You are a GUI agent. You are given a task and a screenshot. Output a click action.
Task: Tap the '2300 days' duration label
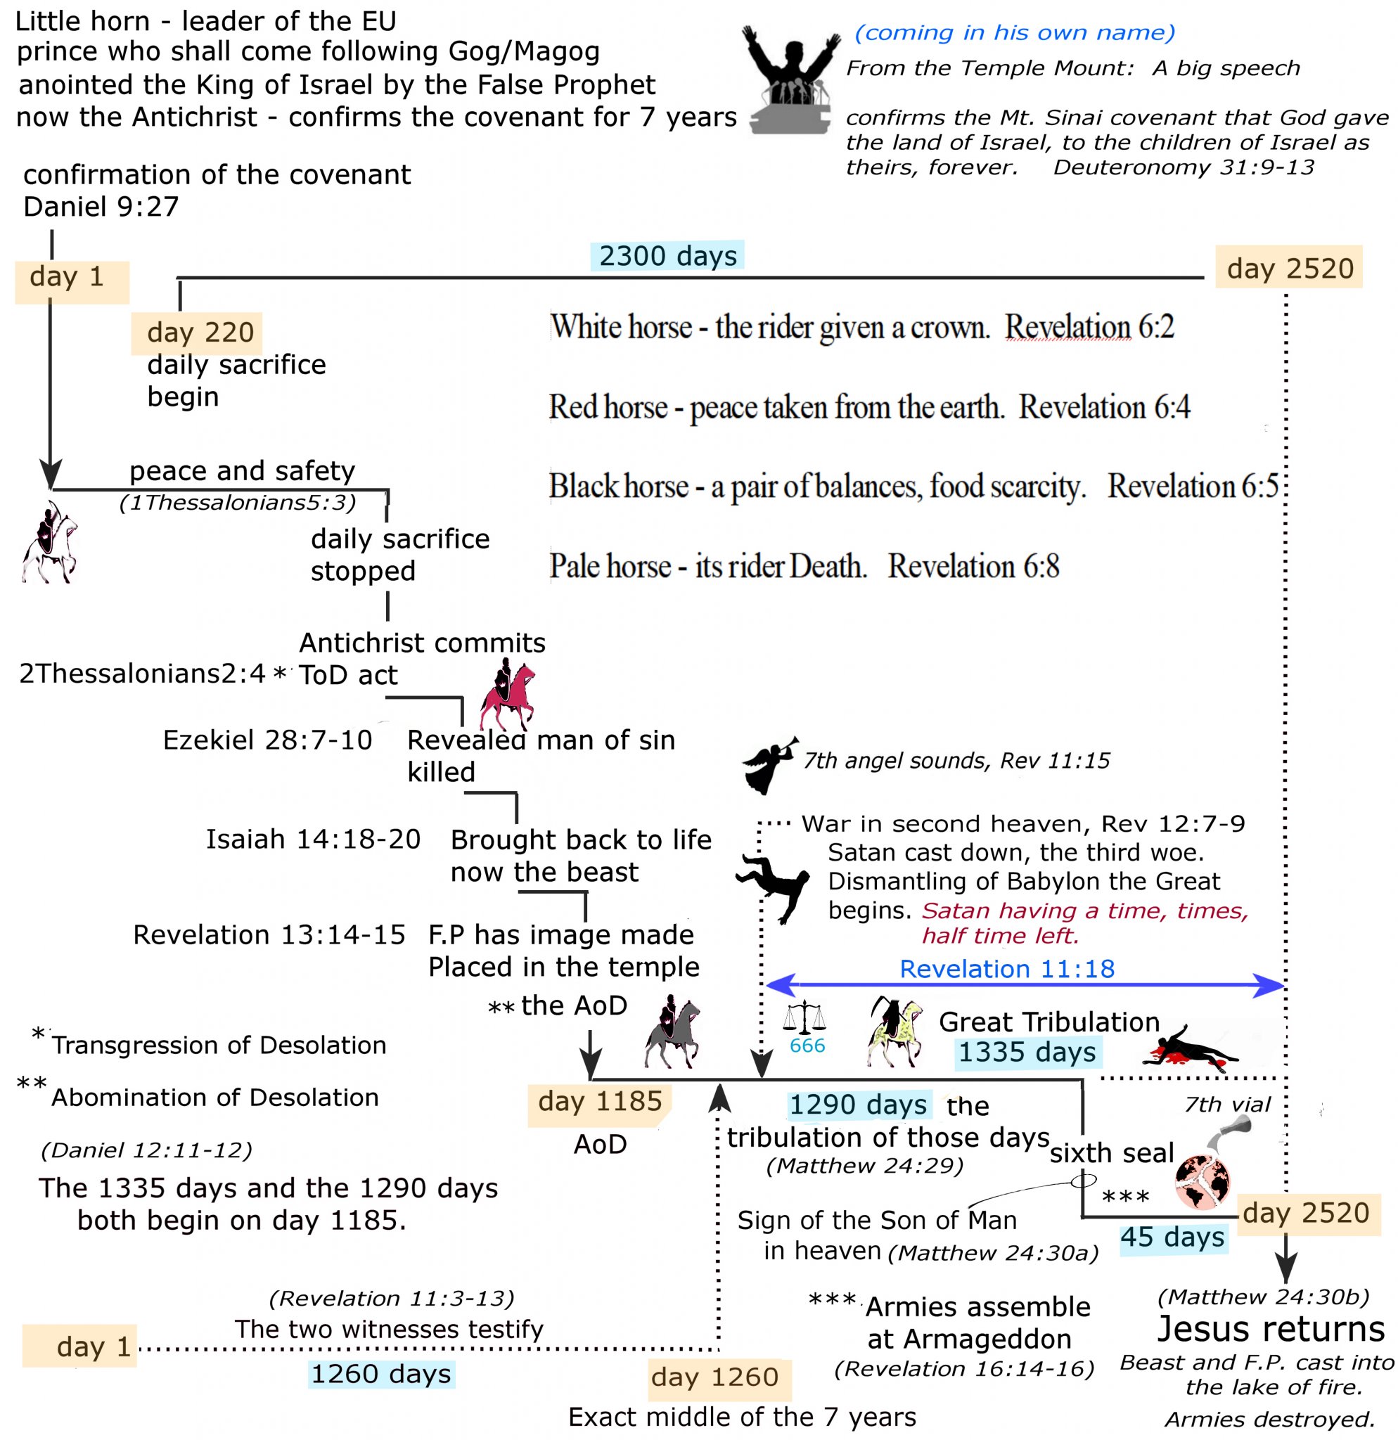[x=667, y=256]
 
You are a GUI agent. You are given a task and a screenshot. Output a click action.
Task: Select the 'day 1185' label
[x=599, y=1101]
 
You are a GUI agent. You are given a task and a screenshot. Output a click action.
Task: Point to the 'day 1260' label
[x=714, y=1377]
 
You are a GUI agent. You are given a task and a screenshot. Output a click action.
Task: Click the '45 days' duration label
[x=1172, y=1237]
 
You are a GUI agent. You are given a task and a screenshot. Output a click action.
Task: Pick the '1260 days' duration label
[x=380, y=1374]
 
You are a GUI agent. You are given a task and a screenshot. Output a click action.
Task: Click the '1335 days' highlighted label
[x=1026, y=1052]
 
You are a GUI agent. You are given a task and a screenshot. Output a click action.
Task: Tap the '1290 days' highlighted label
[x=857, y=1104]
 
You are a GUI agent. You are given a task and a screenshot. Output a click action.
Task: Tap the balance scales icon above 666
[x=804, y=1017]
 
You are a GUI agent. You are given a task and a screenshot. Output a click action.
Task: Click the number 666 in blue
[x=807, y=1046]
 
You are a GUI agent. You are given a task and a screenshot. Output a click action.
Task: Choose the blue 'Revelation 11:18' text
[x=1006, y=969]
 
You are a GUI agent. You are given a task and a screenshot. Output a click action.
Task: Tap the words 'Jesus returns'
[x=1270, y=1329]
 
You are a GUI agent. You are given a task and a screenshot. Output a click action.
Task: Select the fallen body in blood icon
[x=1190, y=1047]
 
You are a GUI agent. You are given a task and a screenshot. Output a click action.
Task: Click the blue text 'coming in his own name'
[x=1014, y=33]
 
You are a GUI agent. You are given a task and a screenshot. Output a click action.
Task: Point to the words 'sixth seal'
[x=1112, y=1153]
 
